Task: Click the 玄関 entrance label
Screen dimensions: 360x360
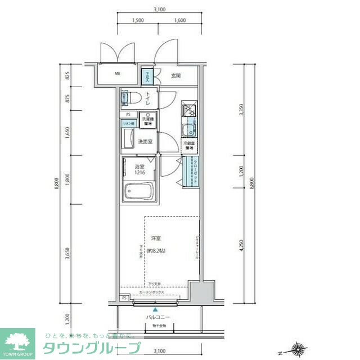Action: click(175, 75)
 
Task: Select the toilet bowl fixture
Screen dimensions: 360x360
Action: click(129, 99)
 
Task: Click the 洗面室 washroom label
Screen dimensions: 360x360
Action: click(145, 142)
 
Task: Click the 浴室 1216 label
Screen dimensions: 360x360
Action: click(139, 170)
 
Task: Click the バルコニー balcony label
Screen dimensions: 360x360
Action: click(156, 317)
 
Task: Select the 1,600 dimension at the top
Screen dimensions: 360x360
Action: click(180, 20)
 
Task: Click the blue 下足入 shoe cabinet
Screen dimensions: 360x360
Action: click(146, 75)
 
